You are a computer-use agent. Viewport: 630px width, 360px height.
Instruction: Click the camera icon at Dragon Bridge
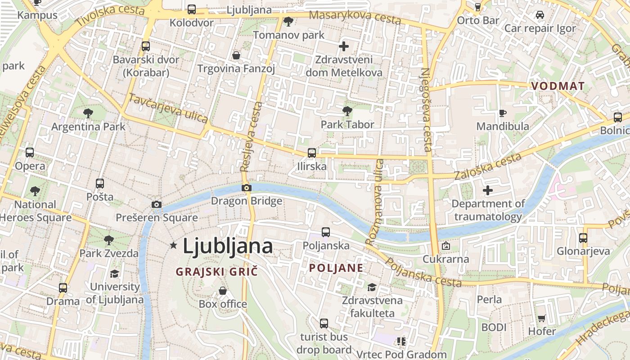(x=246, y=188)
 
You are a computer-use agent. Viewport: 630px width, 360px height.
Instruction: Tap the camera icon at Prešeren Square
(x=157, y=205)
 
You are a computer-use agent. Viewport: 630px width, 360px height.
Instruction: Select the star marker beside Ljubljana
(x=174, y=245)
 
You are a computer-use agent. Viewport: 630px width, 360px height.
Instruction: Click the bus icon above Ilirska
(x=311, y=153)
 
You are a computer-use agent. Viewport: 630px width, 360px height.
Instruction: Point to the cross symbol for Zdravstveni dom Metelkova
(x=344, y=46)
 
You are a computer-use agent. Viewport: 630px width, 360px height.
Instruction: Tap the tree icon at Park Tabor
(x=347, y=111)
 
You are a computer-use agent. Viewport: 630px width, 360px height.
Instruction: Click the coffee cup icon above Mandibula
(x=503, y=113)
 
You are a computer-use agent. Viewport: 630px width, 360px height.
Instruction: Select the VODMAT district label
(x=558, y=86)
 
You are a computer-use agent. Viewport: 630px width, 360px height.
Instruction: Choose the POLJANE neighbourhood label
(x=336, y=268)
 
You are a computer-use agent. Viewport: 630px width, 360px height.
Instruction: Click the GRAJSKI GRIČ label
(x=217, y=272)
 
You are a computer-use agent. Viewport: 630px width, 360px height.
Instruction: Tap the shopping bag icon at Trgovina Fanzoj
(x=236, y=55)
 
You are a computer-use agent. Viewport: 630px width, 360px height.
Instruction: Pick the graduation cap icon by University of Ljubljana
(x=115, y=274)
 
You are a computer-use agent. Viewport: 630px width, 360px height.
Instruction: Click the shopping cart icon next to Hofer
(x=542, y=319)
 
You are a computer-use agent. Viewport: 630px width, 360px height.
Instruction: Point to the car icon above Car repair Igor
(x=540, y=15)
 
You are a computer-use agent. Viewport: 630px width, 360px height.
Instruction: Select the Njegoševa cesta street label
(x=426, y=109)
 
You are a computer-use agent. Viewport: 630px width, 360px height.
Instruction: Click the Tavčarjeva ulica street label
(x=168, y=108)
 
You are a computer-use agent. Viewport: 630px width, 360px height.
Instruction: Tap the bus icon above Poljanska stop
(x=326, y=232)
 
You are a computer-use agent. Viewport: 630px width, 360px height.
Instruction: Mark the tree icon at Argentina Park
(x=88, y=113)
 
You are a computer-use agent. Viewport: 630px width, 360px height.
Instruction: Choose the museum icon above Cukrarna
(x=445, y=246)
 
